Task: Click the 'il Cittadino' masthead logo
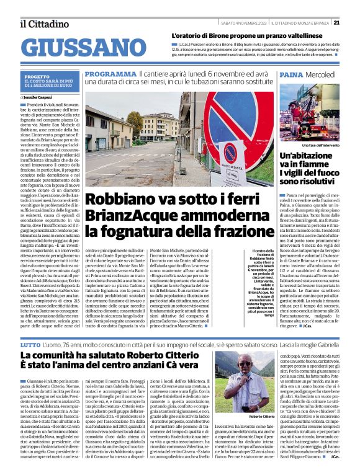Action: coord(43,24)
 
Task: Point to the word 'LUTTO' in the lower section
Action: coord(30,343)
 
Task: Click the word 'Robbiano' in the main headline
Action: coord(119,200)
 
